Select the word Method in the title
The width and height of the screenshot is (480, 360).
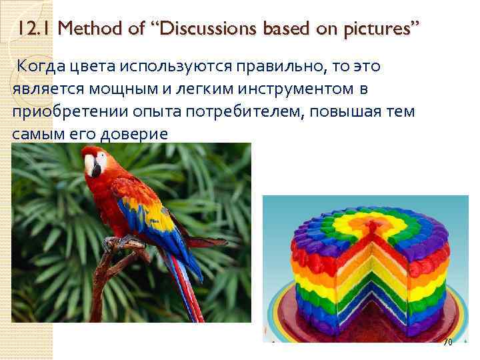coord(91,29)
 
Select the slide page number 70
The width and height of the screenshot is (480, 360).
coord(447,342)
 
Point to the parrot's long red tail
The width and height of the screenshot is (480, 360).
coord(190,293)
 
